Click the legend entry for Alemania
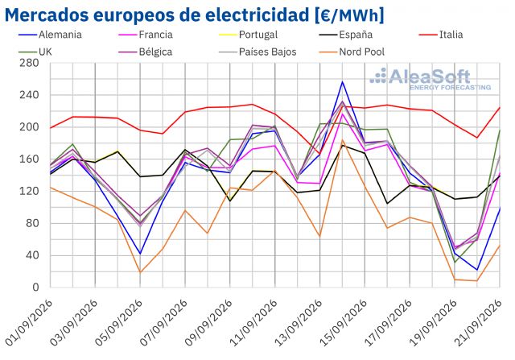click(x=50, y=35)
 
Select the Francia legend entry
click(x=145, y=35)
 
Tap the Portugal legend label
click(x=249, y=35)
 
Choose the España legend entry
click(x=346, y=35)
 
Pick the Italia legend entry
click(x=441, y=35)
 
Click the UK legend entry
click(x=35, y=52)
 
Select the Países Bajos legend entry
click(x=257, y=52)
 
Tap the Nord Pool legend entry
click(x=352, y=52)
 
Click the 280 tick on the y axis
click(x=29, y=63)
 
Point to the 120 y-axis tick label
click(x=29, y=191)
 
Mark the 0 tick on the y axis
click(x=35, y=287)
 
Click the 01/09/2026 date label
click(x=29, y=322)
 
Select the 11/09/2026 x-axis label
click(x=253, y=322)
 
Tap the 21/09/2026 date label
click(x=478, y=322)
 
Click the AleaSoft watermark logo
click(x=431, y=79)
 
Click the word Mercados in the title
click(x=47, y=15)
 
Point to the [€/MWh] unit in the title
click(x=349, y=15)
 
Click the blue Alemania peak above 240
click(x=342, y=82)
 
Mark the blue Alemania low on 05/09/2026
click(x=140, y=254)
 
